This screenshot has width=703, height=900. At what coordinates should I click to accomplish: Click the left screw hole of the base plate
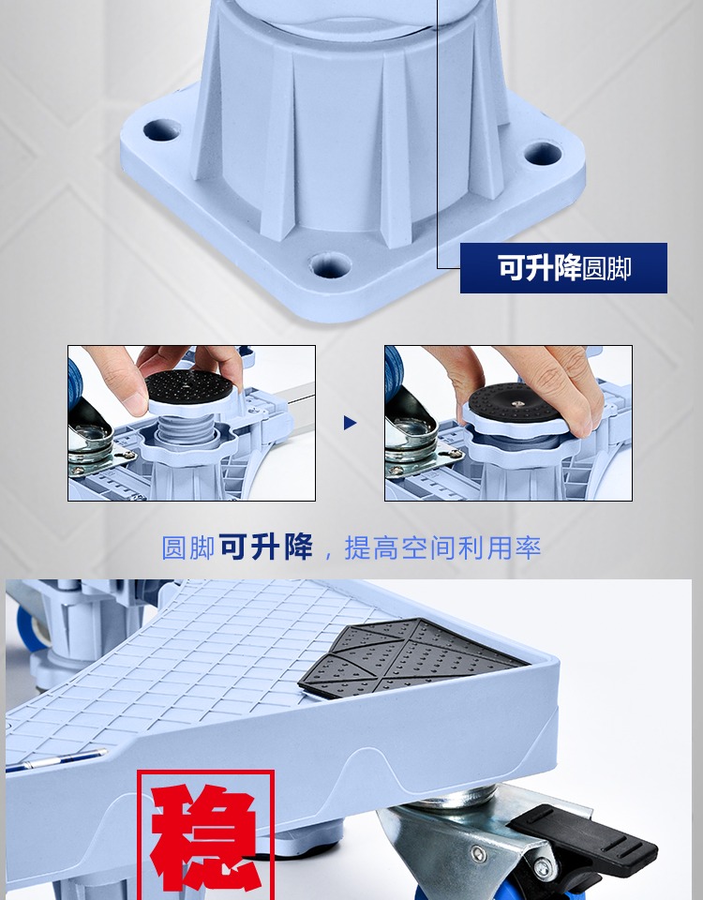(161, 129)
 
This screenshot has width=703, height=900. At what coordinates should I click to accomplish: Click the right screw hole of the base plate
(543, 153)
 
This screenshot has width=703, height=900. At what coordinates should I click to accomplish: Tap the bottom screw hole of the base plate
(330, 265)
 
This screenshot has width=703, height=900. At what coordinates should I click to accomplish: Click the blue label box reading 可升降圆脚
(563, 268)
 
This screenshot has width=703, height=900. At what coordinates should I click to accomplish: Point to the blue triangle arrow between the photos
(350, 423)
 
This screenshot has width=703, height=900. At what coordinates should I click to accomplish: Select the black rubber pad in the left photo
(188, 384)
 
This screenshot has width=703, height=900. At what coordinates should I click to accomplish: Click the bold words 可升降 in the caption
(266, 547)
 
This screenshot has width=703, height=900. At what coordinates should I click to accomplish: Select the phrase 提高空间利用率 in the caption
(442, 547)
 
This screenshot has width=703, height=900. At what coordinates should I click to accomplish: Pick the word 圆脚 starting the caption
(188, 547)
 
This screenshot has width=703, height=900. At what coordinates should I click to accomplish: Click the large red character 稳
(205, 835)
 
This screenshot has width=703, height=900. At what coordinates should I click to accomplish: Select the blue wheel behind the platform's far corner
(30, 628)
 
